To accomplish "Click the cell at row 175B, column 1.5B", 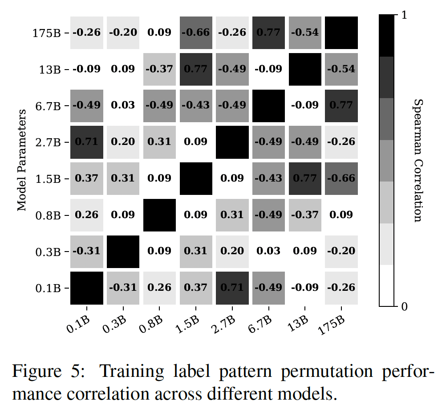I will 196,33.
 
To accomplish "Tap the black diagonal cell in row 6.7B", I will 268,106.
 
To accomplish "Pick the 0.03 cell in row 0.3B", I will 268,251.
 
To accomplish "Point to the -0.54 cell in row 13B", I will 341,69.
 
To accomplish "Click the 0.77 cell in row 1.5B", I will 305,178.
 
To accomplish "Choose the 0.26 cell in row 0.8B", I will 87,215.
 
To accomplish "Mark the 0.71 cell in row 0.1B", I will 232,288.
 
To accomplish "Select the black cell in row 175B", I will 341,33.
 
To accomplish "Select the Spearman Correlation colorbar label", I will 417,161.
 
